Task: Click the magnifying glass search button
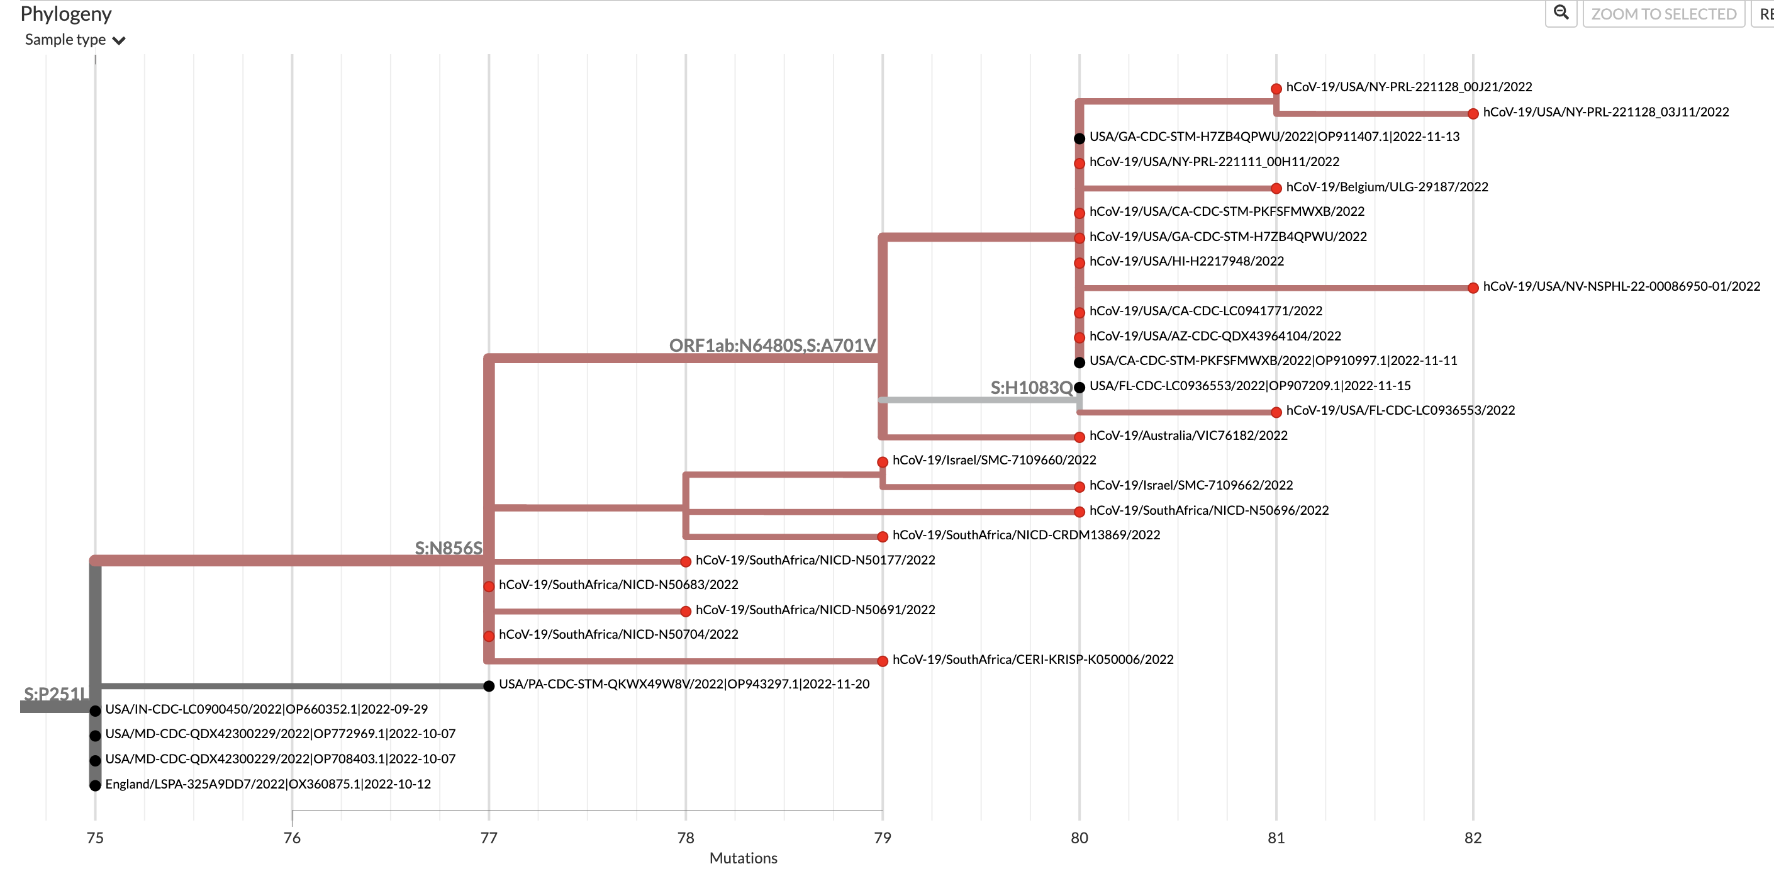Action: click(x=1561, y=13)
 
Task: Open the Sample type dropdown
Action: click(x=75, y=40)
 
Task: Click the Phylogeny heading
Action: click(x=65, y=14)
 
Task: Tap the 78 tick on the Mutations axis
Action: click(x=685, y=838)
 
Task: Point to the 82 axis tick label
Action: click(x=1473, y=838)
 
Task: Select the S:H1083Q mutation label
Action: click(x=1031, y=388)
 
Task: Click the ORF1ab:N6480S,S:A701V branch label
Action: click(x=772, y=345)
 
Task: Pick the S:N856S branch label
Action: click(x=449, y=547)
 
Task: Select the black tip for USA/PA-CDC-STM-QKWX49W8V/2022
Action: click(x=488, y=686)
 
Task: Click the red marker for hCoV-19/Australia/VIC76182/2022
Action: click(x=1079, y=437)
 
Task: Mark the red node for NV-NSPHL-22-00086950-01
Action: click(x=1473, y=288)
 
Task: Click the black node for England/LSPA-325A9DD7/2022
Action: click(x=95, y=785)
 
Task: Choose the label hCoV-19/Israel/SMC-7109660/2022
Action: click(x=994, y=460)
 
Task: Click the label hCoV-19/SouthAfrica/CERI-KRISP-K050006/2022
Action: click(x=1032, y=659)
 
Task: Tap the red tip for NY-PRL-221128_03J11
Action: click(x=1473, y=114)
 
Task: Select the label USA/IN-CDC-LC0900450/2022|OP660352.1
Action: click(x=266, y=709)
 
